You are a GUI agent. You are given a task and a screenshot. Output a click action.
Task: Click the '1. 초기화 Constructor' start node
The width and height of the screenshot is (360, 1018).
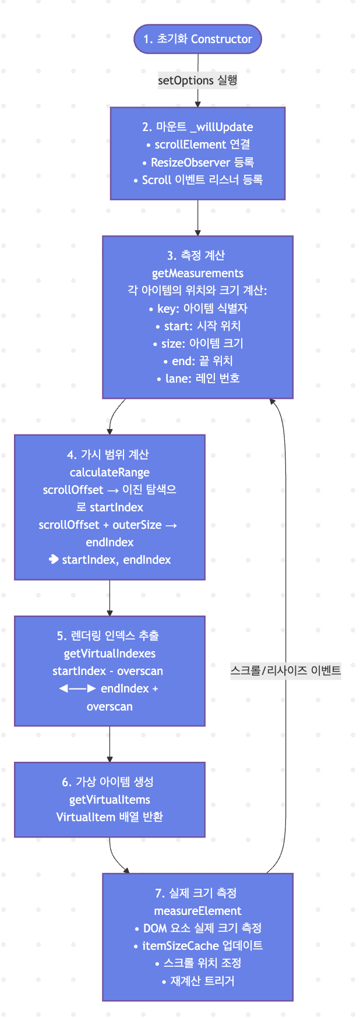197,39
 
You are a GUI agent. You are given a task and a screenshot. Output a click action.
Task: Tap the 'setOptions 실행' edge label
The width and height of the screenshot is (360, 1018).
197,80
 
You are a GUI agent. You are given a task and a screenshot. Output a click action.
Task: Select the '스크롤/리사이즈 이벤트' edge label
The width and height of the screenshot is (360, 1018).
285,670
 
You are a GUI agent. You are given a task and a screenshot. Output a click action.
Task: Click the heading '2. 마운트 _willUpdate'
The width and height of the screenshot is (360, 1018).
197,127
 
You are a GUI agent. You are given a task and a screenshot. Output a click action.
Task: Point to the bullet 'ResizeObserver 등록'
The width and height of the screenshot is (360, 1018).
198,162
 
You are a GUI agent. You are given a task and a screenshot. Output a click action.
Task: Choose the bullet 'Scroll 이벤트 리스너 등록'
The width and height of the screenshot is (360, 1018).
198,180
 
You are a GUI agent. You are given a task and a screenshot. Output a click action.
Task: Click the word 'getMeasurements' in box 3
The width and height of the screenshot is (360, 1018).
197,273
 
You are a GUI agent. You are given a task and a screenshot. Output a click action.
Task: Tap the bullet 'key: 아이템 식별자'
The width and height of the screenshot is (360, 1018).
198,308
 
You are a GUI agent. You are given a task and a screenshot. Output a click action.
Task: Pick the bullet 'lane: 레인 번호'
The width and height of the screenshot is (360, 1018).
198,379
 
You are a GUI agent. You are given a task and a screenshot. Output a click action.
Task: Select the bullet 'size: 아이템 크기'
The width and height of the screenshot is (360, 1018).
198,344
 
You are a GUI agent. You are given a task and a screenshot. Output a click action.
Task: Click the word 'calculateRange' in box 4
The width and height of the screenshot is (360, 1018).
110,472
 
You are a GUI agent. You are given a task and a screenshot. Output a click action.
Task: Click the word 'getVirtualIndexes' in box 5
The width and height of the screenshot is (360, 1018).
110,653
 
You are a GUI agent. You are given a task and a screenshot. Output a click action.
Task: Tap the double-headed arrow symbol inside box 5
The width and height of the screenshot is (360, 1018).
77,688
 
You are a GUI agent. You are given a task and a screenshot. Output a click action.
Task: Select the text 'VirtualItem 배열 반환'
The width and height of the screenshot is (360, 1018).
110,817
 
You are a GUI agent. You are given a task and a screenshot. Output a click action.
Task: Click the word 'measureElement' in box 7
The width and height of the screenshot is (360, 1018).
197,911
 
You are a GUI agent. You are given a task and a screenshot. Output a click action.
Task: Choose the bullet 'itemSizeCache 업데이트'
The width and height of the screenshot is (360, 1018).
198,946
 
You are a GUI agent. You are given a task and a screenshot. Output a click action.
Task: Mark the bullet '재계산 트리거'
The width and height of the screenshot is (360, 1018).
198,981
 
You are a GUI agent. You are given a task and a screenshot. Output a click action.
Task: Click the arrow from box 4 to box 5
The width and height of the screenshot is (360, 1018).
110,598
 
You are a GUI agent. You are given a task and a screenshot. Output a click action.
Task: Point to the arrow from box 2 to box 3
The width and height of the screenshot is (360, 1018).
197,218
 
